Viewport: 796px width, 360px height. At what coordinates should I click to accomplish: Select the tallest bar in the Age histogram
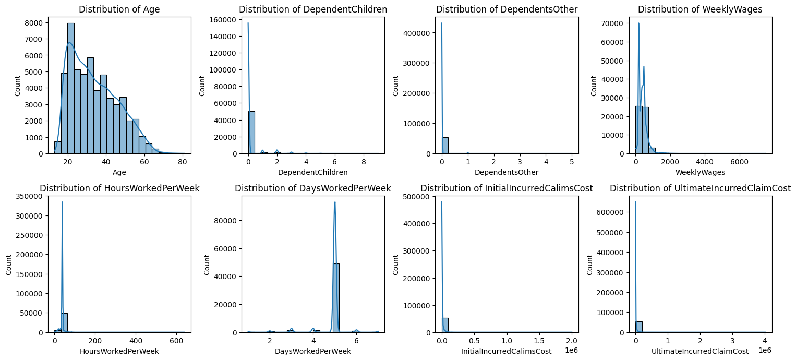point(70,89)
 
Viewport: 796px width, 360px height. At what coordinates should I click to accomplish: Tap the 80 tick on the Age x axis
point(183,162)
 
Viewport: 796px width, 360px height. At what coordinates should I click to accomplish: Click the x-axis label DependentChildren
point(313,172)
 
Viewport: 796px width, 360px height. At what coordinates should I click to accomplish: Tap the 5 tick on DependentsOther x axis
point(572,162)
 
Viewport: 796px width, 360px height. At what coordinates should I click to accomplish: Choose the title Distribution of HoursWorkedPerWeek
point(119,188)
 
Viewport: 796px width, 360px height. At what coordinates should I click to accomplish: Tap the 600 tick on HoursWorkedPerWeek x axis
point(176,340)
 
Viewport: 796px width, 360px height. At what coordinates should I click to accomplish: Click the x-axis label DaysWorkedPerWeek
point(313,351)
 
